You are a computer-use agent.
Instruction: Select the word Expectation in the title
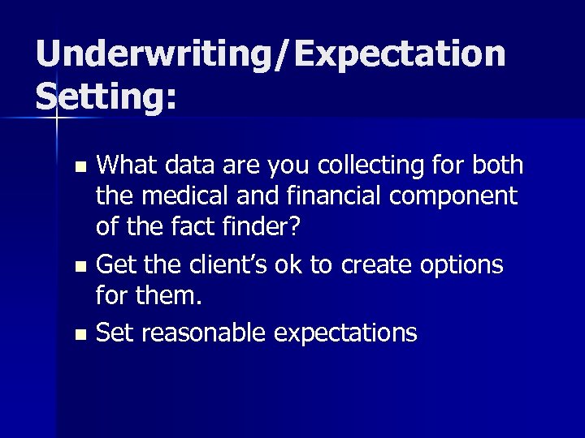(x=401, y=54)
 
